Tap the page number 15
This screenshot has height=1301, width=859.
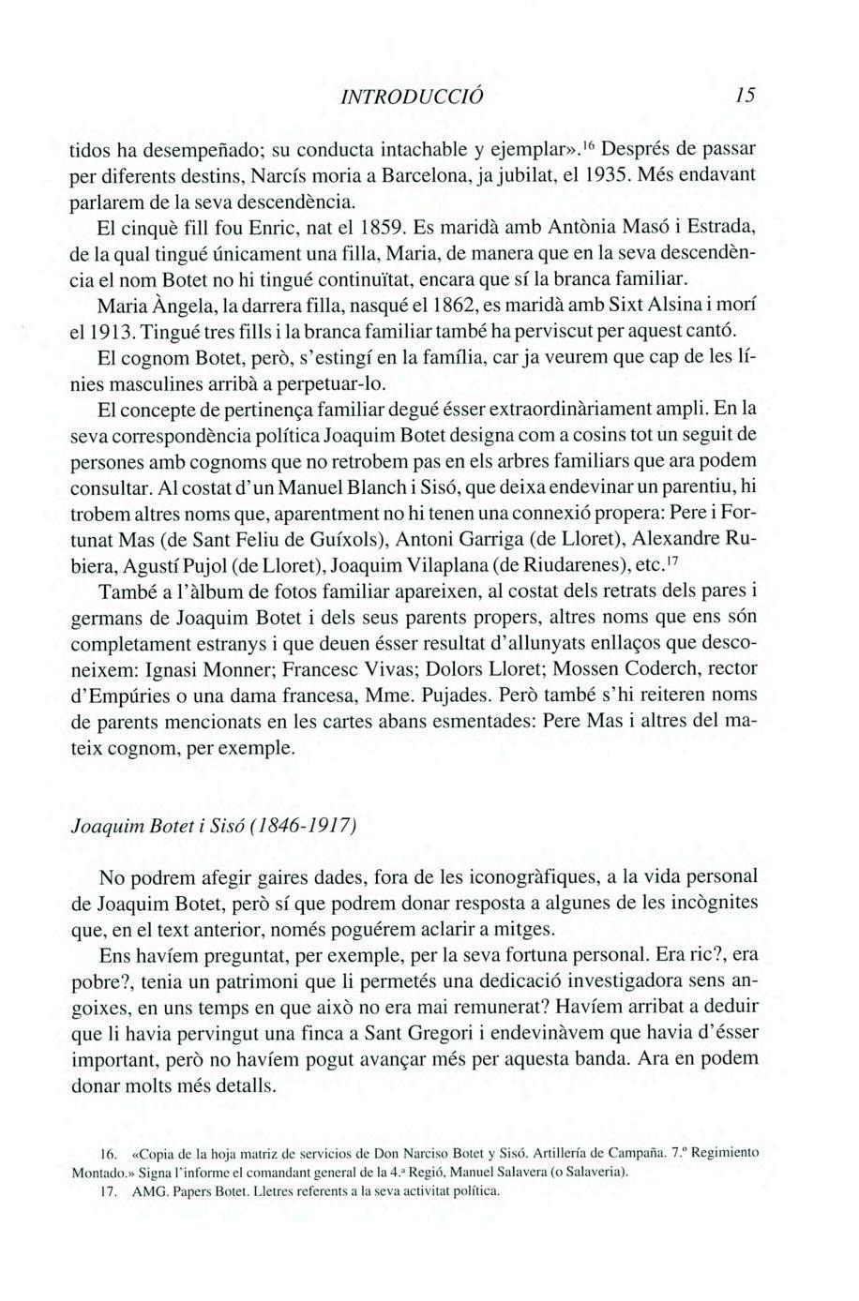[746, 97]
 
